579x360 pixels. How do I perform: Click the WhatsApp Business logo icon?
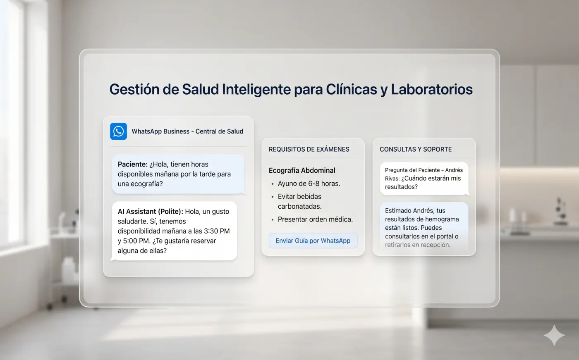(118, 131)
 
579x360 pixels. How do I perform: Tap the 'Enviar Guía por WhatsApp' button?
(313, 241)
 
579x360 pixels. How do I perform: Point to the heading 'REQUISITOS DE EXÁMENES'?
(309, 149)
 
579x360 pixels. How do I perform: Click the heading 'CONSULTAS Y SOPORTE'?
(416, 149)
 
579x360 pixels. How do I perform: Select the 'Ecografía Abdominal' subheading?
(302, 170)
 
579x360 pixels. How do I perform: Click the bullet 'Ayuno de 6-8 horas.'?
(309, 184)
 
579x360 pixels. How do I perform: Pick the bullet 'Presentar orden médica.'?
(315, 219)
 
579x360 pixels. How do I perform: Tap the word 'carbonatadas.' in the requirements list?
(299, 206)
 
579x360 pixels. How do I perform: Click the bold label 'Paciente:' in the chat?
(132, 164)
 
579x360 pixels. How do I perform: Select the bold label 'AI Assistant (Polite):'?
(150, 211)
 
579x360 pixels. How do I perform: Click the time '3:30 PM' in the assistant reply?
(217, 231)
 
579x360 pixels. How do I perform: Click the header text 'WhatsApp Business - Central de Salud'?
(187, 131)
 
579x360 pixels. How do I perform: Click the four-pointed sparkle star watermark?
(554, 335)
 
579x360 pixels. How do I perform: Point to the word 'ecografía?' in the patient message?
(146, 184)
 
